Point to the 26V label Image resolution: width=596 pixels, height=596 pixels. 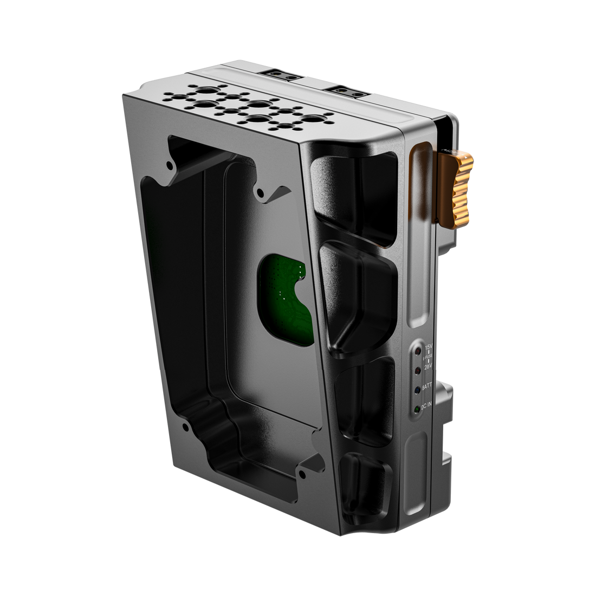click(x=427, y=367)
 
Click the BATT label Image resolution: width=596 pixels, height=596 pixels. click(x=428, y=387)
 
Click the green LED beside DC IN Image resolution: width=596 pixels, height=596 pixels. click(x=417, y=409)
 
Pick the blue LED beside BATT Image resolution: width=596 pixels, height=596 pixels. click(x=417, y=389)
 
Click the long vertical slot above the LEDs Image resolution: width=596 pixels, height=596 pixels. click(x=418, y=233)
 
